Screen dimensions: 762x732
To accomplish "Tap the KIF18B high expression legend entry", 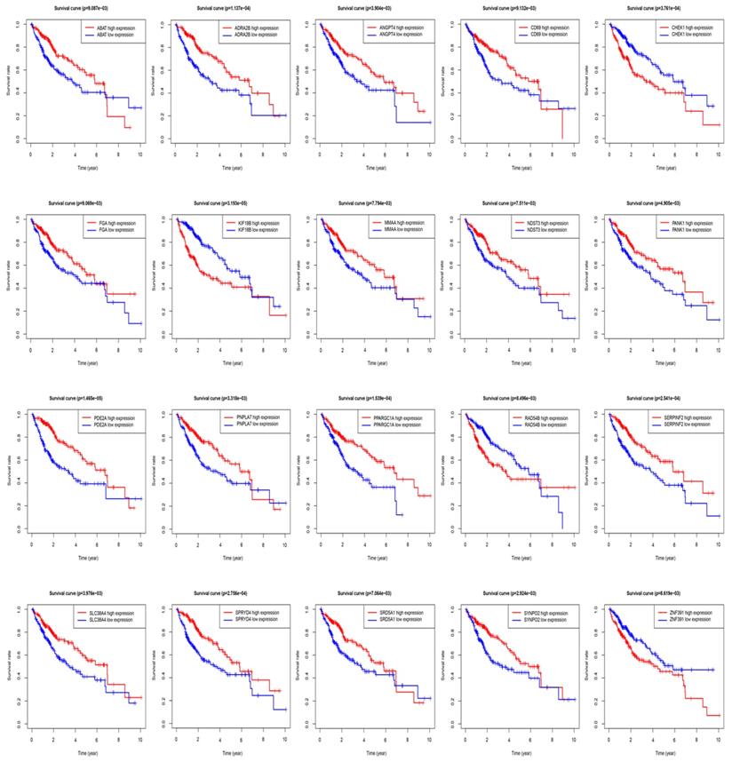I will point(251,222).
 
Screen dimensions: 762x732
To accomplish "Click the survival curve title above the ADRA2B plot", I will point(232,8).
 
